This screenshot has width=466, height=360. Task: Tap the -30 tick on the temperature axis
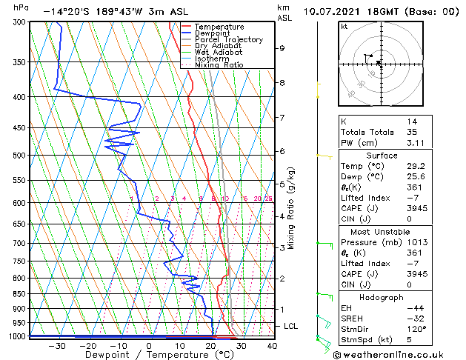click(x=56, y=345)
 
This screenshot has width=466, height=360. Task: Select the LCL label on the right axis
click(x=291, y=326)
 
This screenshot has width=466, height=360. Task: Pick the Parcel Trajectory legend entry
click(x=228, y=39)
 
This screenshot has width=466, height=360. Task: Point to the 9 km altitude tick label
click(x=282, y=48)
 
